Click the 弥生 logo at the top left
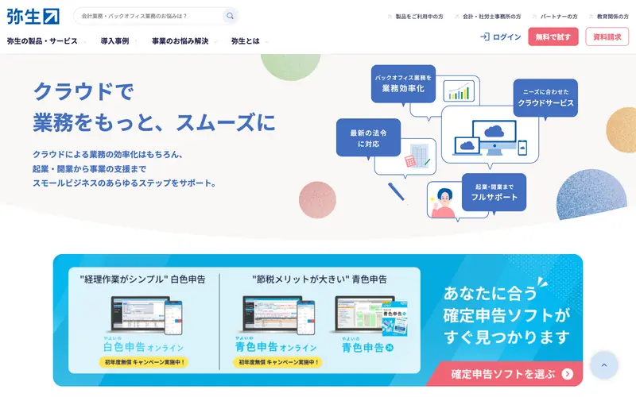33,15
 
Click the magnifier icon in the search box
230,16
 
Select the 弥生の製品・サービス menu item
43,41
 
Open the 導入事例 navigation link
114,41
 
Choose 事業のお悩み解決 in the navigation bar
180,41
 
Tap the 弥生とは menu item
245,41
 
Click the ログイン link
501,37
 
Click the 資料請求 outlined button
607,37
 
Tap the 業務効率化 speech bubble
403,84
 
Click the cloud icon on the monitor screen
494,131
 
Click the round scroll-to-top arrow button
603,365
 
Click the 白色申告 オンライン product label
144,347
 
